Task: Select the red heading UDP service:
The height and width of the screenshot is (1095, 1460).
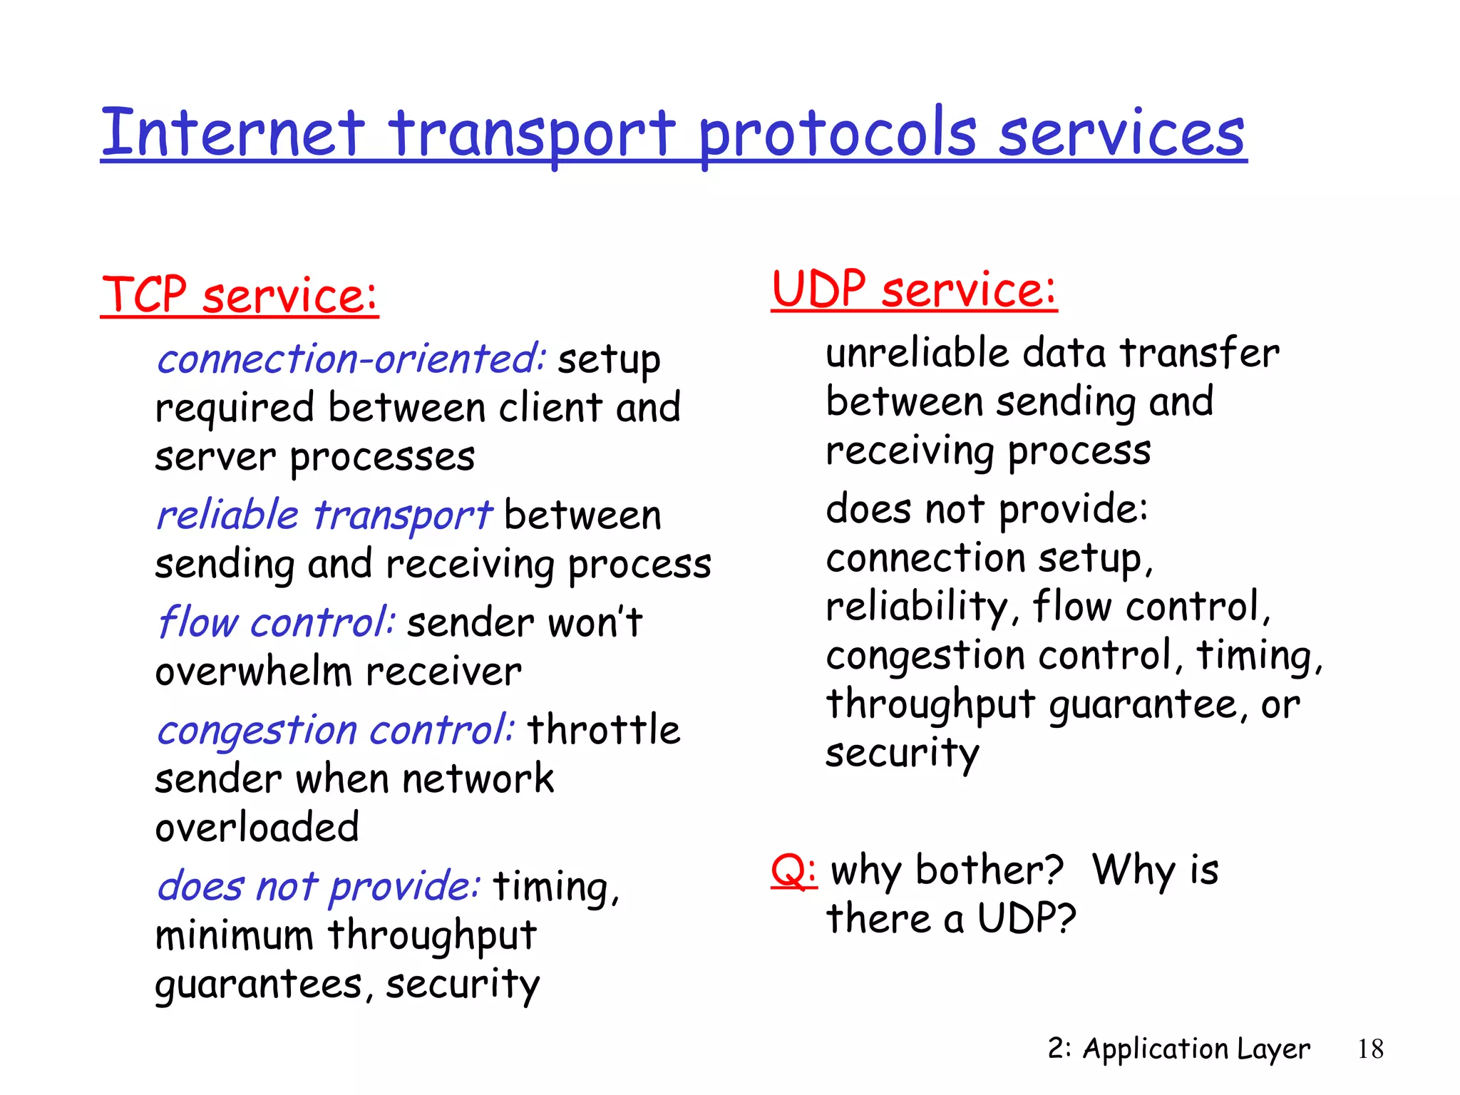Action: [913, 289]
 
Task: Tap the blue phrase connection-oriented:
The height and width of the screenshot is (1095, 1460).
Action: [351, 359]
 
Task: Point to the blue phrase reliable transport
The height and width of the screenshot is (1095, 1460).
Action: [324, 515]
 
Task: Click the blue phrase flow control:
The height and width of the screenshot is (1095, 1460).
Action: [276, 622]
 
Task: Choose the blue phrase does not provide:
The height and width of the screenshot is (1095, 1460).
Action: [319, 887]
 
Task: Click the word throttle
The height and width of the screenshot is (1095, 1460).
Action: [604, 730]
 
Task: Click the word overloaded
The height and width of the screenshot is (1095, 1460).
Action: [257, 828]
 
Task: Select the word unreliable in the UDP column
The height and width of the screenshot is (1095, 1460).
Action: [917, 353]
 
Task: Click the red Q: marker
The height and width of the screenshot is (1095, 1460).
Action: [793, 870]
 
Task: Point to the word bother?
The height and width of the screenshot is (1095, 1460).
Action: [989, 870]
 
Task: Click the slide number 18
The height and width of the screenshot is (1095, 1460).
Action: [1370, 1049]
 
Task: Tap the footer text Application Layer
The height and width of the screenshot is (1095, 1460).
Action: [1196, 1049]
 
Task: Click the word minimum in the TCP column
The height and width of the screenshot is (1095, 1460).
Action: [234, 936]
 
